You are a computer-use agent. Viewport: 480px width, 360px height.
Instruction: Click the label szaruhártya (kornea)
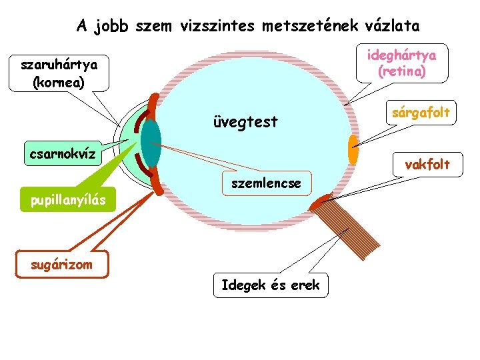point(59,73)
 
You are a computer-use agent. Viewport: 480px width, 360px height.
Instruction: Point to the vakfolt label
point(427,164)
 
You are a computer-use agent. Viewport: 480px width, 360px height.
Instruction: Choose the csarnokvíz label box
point(62,155)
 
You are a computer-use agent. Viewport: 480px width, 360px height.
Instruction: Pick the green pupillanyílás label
point(67,199)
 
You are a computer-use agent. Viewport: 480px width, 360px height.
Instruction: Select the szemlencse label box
point(266,183)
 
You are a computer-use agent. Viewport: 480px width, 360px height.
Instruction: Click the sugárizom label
point(61,265)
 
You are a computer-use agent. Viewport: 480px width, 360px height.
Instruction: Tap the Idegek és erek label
point(271,285)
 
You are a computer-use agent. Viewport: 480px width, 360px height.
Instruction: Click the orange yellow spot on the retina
point(353,149)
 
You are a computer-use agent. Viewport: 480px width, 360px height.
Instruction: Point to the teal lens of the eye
point(151,142)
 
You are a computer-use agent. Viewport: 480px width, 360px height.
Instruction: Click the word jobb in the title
point(111,27)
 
